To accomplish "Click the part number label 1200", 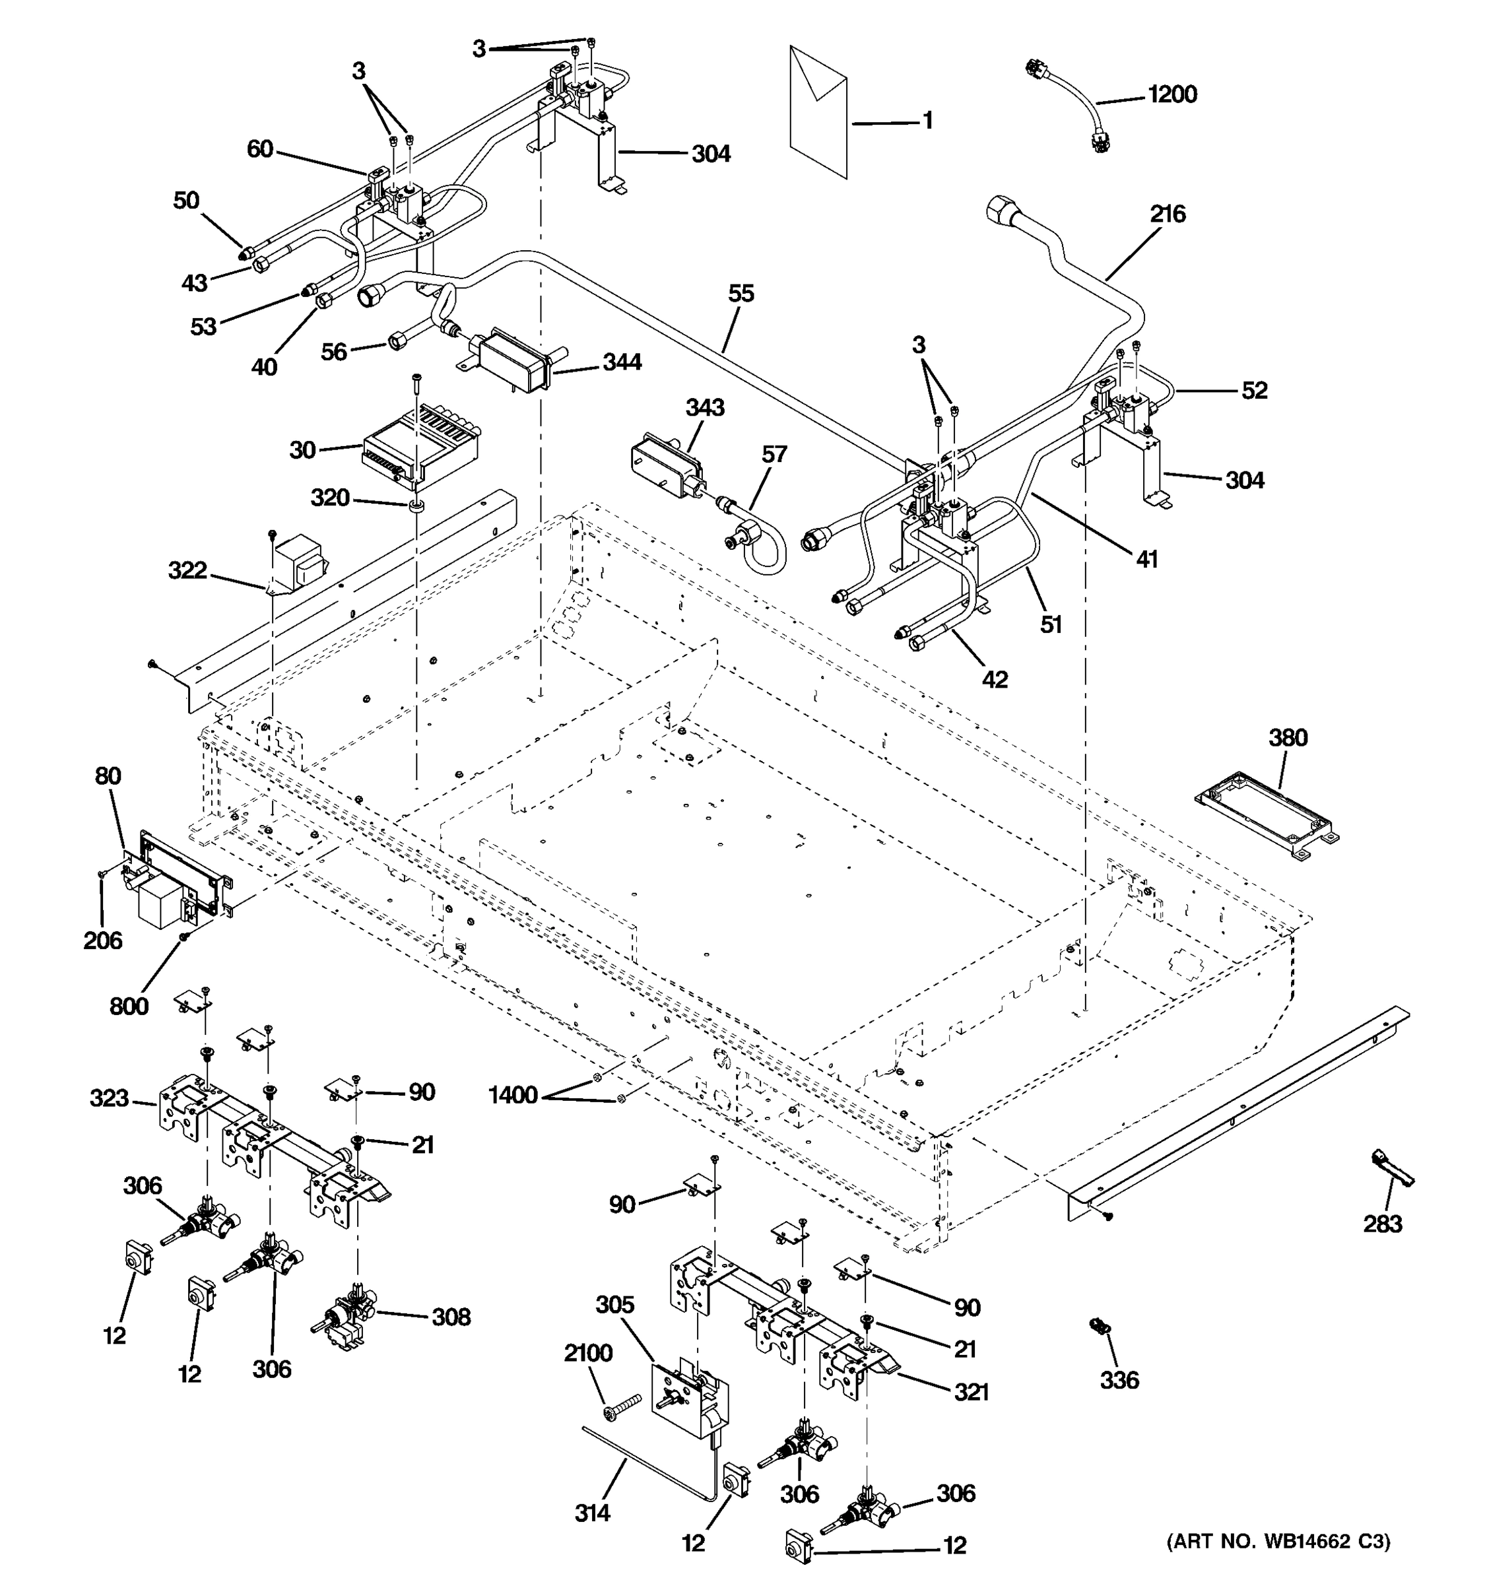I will [1172, 95].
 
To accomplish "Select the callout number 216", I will [1167, 214].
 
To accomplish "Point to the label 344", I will [622, 362].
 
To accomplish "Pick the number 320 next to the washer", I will [330, 498].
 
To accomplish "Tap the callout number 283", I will [1382, 1224].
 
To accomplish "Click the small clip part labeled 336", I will [1100, 1327].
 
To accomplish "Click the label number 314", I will [592, 1512].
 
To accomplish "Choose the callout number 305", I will [615, 1305].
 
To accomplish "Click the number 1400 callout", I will [512, 1096].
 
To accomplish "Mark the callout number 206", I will [103, 940].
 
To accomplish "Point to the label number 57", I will [774, 454].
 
